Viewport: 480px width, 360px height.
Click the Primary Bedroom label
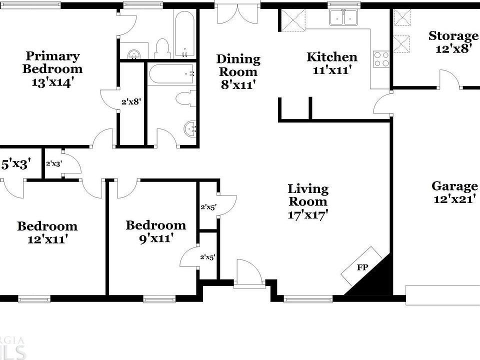tap(52, 62)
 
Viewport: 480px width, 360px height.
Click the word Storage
tap(453, 36)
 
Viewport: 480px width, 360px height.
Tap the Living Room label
tap(308, 195)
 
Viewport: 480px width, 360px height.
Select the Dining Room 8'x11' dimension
tap(238, 85)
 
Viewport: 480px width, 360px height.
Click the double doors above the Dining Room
tap(238, 14)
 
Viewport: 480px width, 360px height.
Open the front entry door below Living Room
tap(248, 273)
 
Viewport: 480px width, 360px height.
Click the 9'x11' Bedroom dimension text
tap(155, 238)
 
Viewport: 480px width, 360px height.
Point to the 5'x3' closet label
tap(17, 163)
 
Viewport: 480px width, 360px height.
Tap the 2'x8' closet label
tap(131, 101)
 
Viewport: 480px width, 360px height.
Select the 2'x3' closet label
tap(53, 163)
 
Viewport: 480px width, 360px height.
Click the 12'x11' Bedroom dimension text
tap(47, 239)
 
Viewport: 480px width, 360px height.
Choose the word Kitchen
tap(331, 57)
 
